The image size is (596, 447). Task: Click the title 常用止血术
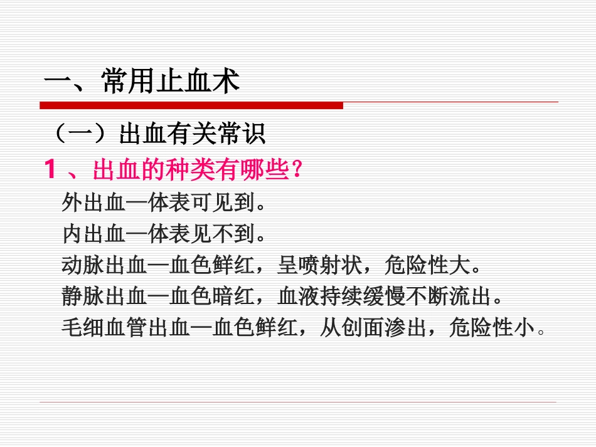click(170, 82)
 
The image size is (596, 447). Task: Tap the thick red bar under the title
click(191, 105)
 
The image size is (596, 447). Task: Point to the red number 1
click(51, 169)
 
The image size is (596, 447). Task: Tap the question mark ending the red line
click(297, 169)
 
